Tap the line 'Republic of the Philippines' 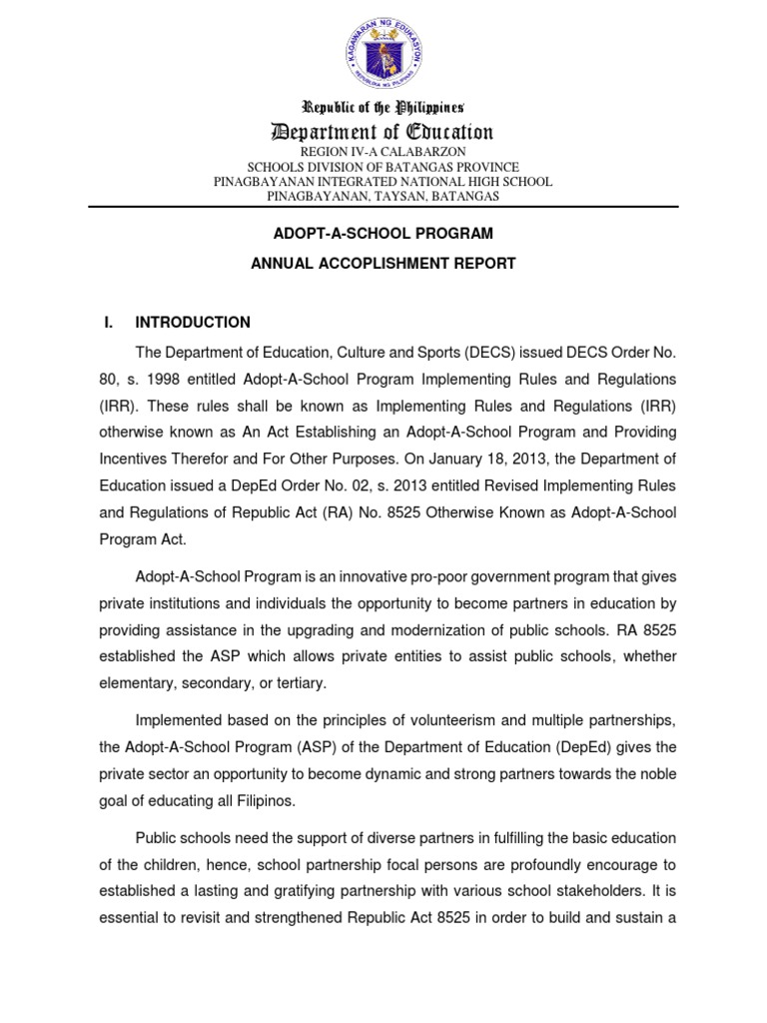pyautogui.click(x=383, y=107)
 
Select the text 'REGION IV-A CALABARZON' pyautogui.click(x=383, y=151)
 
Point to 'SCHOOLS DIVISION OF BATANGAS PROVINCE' pyautogui.click(x=383, y=167)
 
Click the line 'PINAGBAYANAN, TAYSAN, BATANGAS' pyautogui.click(x=383, y=197)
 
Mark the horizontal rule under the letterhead pyautogui.click(x=383, y=207)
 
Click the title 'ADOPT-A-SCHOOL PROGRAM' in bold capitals pyautogui.click(x=383, y=234)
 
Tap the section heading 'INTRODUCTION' pyautogui.click(x=193, y=323)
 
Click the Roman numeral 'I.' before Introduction pyautogui.click(x=110, y=323)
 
